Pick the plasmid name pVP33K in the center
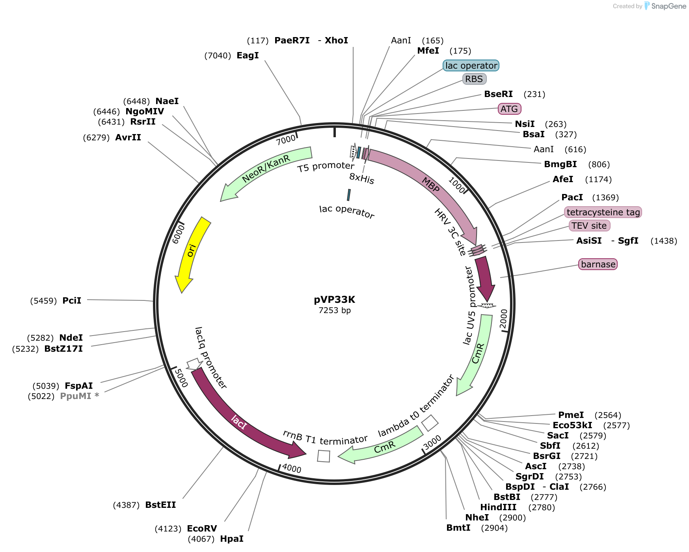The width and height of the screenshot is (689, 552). [x=334, y=300]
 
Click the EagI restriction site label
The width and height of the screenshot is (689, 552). [x=248, y=56]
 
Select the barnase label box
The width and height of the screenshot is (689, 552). [x=598, y=264]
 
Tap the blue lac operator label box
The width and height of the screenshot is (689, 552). [x=471, y=65]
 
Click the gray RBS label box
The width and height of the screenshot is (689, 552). [x=474, y=79]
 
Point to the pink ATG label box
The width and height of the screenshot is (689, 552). [x=509, y=109]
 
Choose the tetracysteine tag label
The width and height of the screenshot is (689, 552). [x=603, y=212]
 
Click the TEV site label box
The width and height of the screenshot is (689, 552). [x=589, y=226]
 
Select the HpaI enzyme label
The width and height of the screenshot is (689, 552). [x=232, y=539]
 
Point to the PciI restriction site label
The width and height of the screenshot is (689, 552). [x=72, y=301]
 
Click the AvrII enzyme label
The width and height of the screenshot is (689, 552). [x=128, y=138]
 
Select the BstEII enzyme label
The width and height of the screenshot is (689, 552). [x=160, y=505]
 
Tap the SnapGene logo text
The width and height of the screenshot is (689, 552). [x=669, y=6]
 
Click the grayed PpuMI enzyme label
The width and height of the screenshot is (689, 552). [x=76, y=396]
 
